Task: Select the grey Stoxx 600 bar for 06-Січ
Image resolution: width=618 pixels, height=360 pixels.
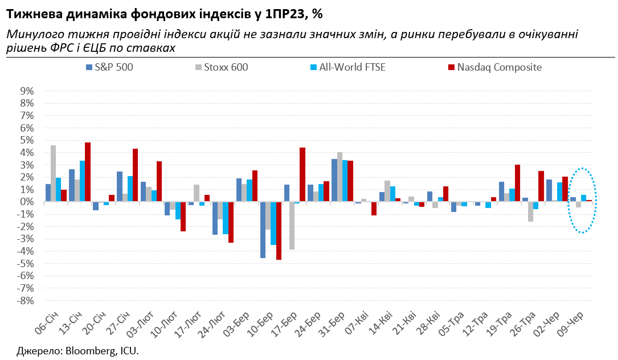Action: pos(54,173)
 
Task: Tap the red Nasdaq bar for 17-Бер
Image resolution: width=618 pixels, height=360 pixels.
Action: pos(302,174)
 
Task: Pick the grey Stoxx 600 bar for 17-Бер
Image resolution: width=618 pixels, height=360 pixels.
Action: pos(292,226)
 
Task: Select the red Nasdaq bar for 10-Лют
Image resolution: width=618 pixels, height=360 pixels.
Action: pos(183,216)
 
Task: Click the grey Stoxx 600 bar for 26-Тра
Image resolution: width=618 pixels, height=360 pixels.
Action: pos(530,211)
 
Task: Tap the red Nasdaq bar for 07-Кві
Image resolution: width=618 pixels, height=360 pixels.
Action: pos(374,208)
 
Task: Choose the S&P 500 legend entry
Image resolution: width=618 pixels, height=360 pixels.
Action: pos(108,67)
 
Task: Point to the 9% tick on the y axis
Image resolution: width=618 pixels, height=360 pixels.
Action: pos(27,91)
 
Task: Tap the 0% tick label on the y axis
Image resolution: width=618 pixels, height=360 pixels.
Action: pos(27,202)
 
